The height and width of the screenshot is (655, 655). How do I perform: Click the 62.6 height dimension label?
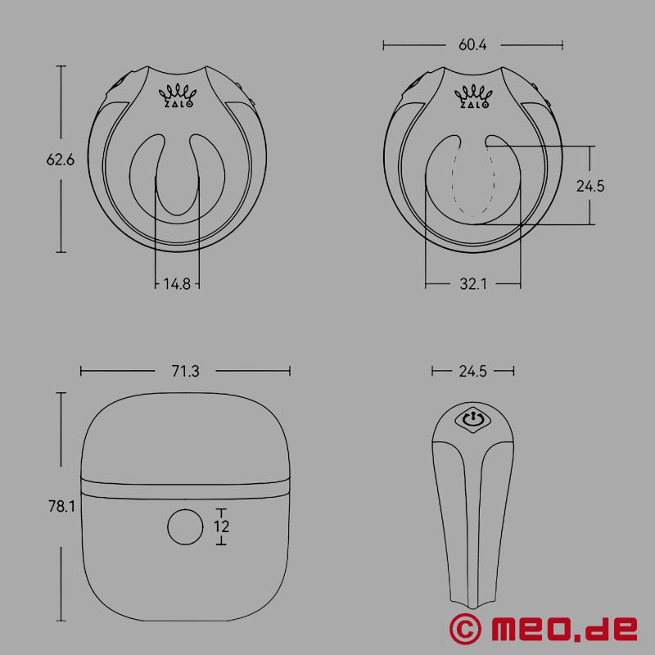pyautogui.click(x=61, y=160)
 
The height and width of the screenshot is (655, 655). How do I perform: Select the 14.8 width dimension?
pyautogui.click(x=176, y=284)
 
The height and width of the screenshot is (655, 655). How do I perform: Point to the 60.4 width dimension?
pyautogui.click(x=473, y=46)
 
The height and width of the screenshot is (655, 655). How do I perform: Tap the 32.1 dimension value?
pyautogui.click(x=473, y=284)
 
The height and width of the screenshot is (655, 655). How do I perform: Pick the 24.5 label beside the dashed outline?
pyautogui.click(x=590, y=186)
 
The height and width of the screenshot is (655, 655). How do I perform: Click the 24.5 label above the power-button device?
pyautogui.click(x=473, y=371)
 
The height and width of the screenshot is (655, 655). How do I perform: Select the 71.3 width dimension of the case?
pyautogui.click(x=186, y=371)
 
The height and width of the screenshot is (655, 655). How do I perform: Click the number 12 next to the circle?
pyautogui.click(x=221, y=526)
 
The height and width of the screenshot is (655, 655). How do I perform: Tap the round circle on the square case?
pyautogui.click(x=184, y=526)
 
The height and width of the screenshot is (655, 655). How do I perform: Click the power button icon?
pyautogui.click(x=472, y=420)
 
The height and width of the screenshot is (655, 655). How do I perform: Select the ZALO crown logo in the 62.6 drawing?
pyautogui.click(x=176, y=95)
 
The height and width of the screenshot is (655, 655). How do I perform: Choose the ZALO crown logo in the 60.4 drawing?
pyautogui.click(x=472, y=95)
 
